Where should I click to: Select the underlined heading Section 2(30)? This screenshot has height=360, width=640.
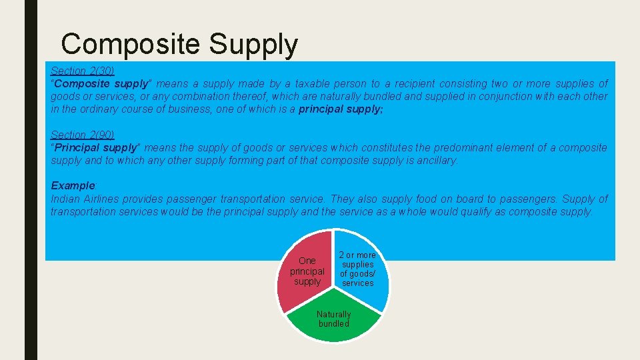pyautogui.click(x=83, y=71)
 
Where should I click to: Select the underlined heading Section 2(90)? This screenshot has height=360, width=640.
pyautogui.click(x=83, y=135)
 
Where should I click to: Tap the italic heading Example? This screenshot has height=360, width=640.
pyautogui.click(x=73, y=186)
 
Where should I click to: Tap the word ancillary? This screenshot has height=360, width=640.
pyautogui.click(x=437, y=161)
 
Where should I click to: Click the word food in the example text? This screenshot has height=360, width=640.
pyautogui.click(x=427, y=199)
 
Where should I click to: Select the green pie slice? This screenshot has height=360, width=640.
pyautogui.click(x=333, y=327)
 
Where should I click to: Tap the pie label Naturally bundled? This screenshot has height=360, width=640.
pyautogui.click(x=333, y=319)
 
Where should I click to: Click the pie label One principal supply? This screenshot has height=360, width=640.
pyautogui.click(x=307, y=271)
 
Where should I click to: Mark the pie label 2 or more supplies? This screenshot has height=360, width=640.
pyautogui.click(x=357, y=269)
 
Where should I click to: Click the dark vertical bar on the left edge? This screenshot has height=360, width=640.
pyautogui.click(x=31, y=180)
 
